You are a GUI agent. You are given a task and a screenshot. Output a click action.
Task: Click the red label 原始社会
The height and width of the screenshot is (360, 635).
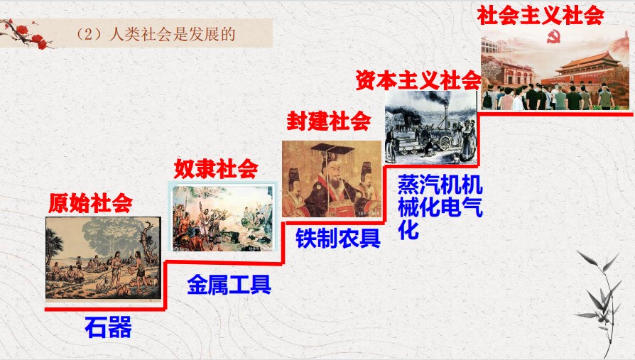[x=91, y=203]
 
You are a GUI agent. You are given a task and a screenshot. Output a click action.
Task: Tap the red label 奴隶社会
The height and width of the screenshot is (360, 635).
[x=216, y=168]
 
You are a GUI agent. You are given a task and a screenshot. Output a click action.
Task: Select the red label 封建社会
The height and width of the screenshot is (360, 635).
[x=328, y=120]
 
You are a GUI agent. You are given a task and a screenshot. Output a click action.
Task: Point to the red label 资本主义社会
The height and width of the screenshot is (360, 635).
[x=418, y=80]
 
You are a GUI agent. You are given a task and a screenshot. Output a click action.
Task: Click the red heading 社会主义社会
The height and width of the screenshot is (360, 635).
[x=541, y=16]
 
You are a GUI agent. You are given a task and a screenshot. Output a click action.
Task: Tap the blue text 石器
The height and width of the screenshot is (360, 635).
[x=109, y=327]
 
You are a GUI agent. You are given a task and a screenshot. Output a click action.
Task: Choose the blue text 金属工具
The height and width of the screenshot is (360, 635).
[x=229, y=284]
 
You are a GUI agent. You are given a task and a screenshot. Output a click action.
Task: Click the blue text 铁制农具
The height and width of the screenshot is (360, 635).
[x=338, y=238]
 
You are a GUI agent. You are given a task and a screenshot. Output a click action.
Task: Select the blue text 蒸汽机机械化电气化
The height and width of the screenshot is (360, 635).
[x=440, y=207]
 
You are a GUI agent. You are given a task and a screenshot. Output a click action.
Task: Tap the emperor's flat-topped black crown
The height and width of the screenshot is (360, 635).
[x=332, y=149]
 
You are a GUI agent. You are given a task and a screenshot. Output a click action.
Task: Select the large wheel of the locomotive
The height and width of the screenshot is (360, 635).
[x=445, y=142]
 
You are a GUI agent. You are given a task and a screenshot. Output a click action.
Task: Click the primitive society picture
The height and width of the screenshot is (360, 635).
[x=103, y=259]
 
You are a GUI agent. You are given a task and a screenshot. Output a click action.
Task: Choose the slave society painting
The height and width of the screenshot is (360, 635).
[x=222, y=218]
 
